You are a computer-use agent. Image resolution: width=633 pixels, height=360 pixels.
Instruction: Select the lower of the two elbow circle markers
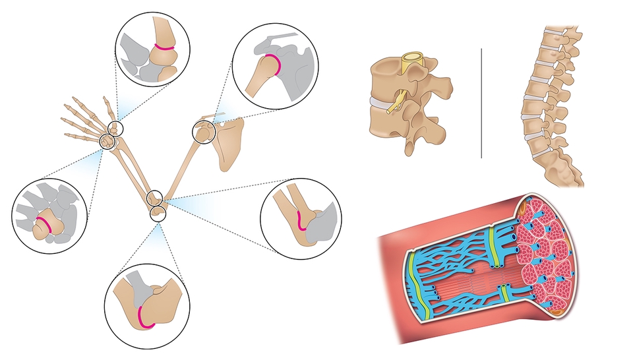coord(158,212)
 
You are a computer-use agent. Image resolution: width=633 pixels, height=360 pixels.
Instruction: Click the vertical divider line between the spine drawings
coord(482,102)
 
